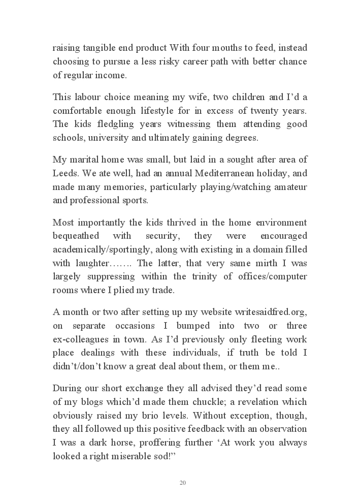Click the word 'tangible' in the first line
[100, 48]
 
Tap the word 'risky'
[180, 61]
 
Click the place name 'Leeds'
[64, 173]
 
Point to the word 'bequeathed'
[76, 236]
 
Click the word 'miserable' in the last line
[118, 456]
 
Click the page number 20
[183, 483]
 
